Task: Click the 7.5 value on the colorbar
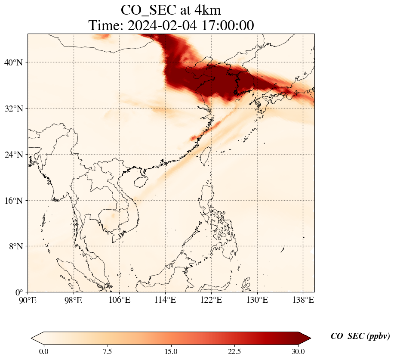107,351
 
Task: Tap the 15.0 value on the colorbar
171,351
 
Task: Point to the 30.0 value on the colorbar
298,351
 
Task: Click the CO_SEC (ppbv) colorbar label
360,336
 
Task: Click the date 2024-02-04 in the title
161,25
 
